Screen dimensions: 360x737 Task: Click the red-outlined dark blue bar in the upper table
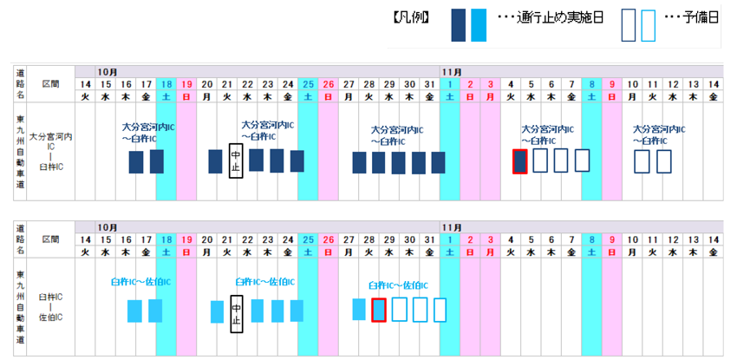coord(520,160)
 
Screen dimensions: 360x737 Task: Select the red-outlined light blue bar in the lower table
coord(378,310)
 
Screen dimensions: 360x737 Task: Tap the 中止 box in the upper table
coord(234,160)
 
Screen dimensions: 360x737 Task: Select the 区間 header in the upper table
coord(50,84)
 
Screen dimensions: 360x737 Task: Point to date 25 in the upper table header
coord(308,83)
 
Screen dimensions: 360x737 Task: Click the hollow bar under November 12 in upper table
coord(663,160)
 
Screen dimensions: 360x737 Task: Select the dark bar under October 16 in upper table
coord(136,161)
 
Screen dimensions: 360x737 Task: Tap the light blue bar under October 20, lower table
coord(217,311)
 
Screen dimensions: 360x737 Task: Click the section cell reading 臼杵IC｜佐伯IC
coord(50,306)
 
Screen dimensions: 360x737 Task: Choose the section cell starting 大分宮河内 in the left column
coord(50,147)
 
